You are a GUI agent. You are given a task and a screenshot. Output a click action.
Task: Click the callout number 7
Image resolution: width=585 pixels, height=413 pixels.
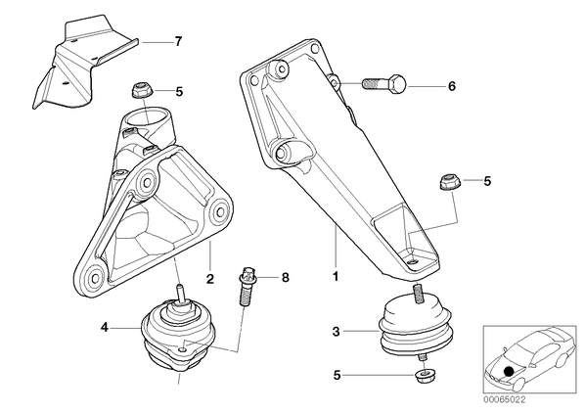(x=179, y=41)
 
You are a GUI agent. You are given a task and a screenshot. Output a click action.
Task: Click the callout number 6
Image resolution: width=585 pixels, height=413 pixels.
(x=452, y=86)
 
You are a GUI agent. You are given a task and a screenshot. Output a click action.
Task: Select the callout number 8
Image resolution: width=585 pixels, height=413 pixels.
(x=286, y=278)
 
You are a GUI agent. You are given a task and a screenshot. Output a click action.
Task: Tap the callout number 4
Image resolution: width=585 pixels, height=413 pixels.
(x=104, y=328)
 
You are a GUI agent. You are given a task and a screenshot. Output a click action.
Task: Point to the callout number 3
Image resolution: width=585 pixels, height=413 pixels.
(x=337, y=332)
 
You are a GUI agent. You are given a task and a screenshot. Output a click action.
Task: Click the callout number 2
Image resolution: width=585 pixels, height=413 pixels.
(x=210, y=278)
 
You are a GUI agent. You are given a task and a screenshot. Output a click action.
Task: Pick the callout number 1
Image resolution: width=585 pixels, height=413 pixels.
(x=336, y=276)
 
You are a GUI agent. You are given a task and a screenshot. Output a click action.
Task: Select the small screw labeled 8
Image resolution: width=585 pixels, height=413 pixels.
(x=246, y=286)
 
